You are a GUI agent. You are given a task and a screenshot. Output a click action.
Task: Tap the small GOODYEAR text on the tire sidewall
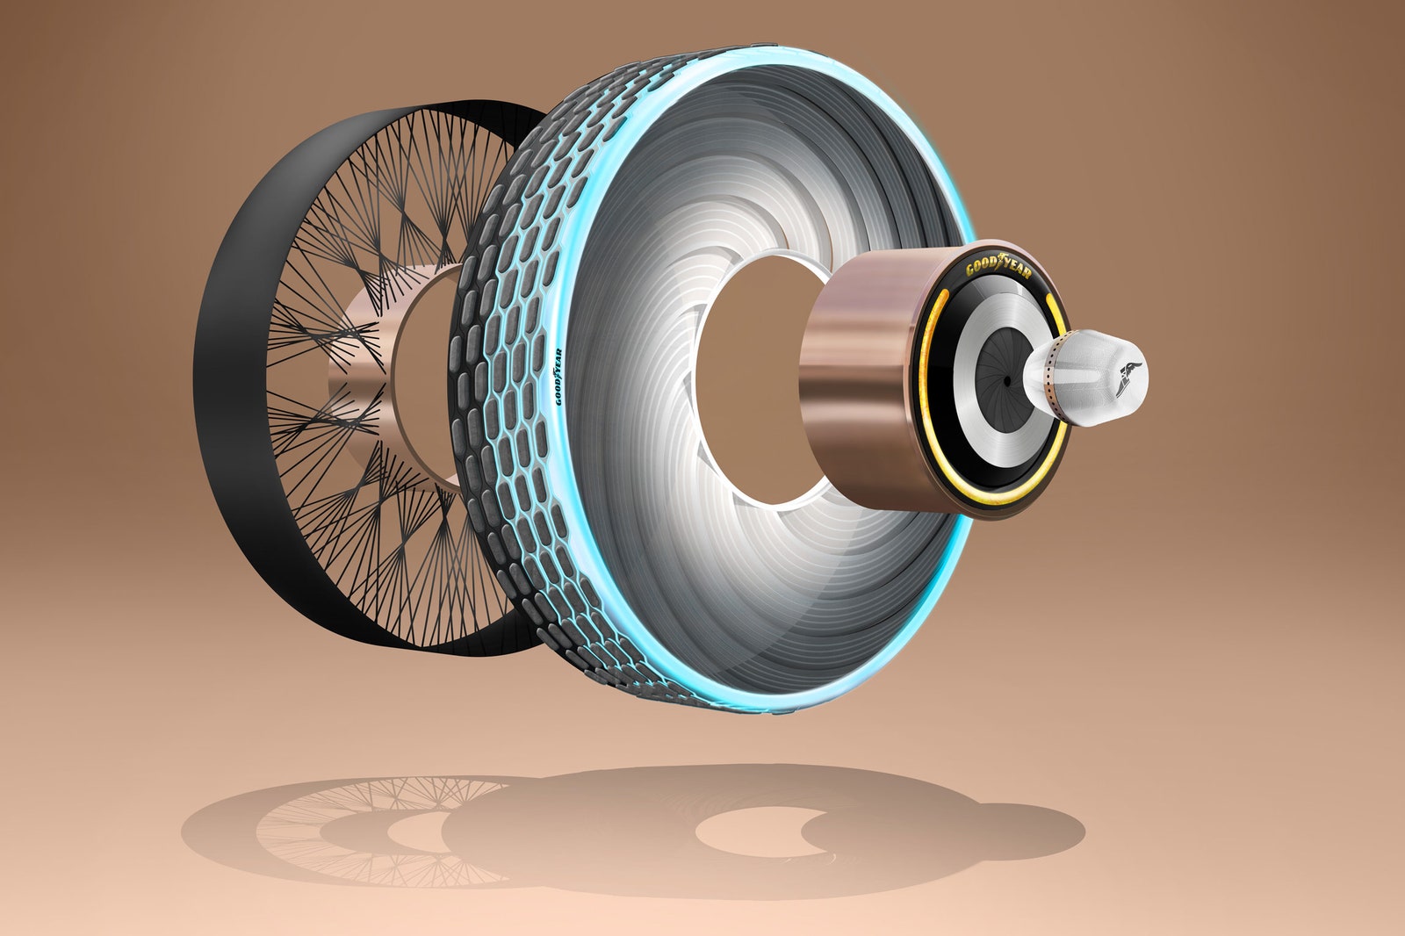coord(558,377)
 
